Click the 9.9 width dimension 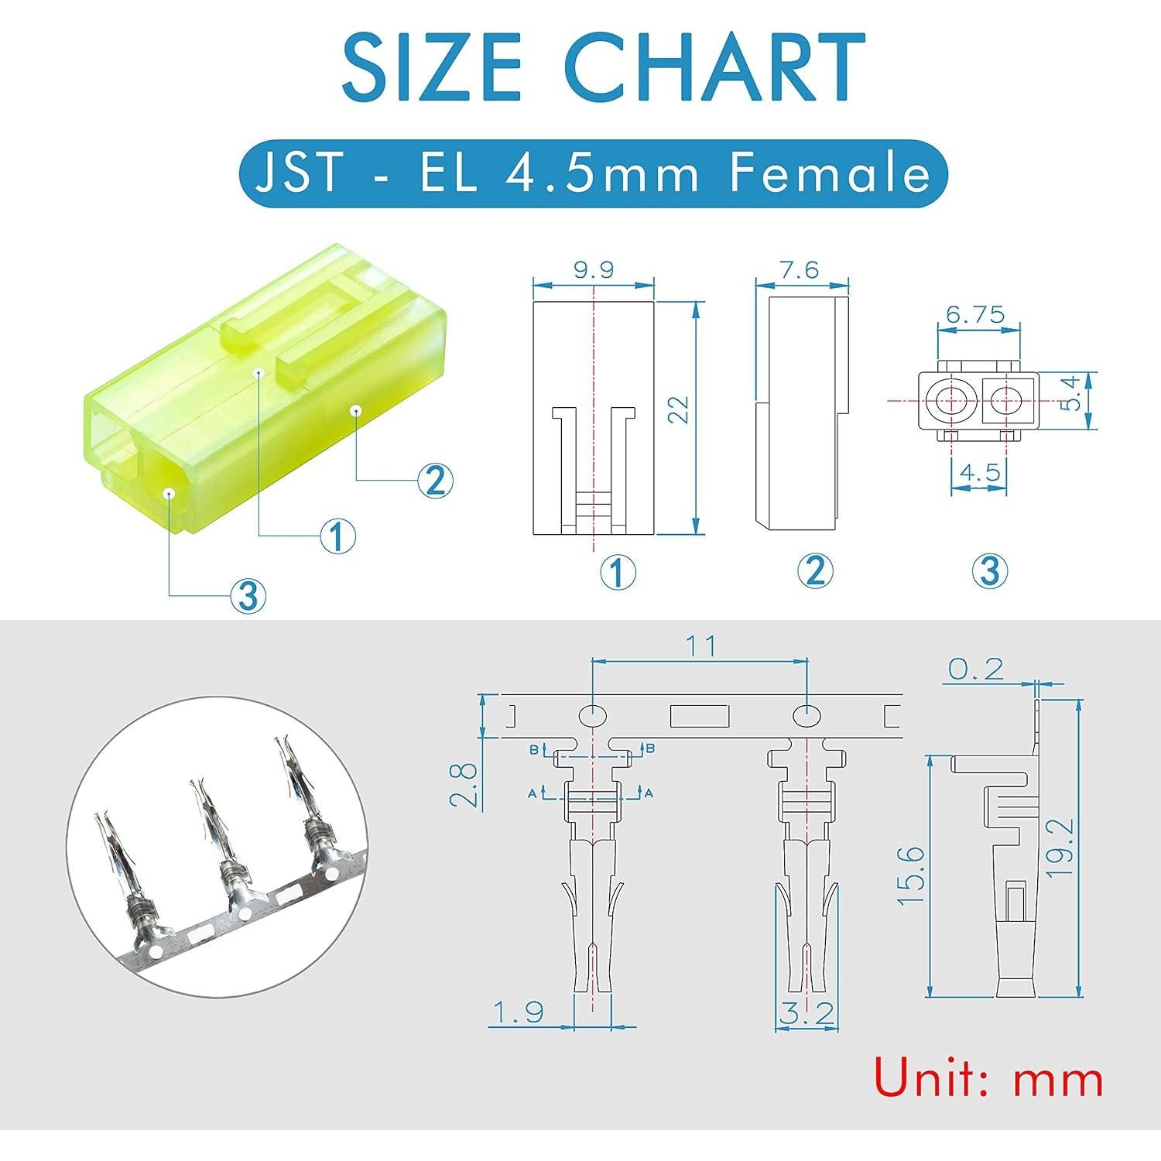point(593,269)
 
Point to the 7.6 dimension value point(800,269)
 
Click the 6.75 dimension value point(974,314)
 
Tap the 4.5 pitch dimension point(979,471)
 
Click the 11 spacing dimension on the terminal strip point(700,646)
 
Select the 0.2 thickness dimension point(974,669)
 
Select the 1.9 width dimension point(519,1012)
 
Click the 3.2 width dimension point(807,1013)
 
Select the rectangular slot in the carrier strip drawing point(699,716)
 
